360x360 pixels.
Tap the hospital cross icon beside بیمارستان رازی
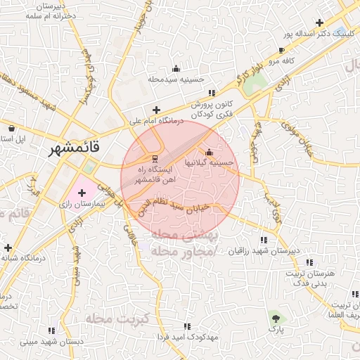(x=82, y=192)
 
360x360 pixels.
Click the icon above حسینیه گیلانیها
(x=208, y=153)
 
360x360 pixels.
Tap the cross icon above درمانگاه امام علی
(x=156, y=110)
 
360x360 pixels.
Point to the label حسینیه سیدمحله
(x=176, y=79)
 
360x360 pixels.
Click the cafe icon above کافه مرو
(x=281, y=51)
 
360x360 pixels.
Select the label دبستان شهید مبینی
(x=51, y=341)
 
